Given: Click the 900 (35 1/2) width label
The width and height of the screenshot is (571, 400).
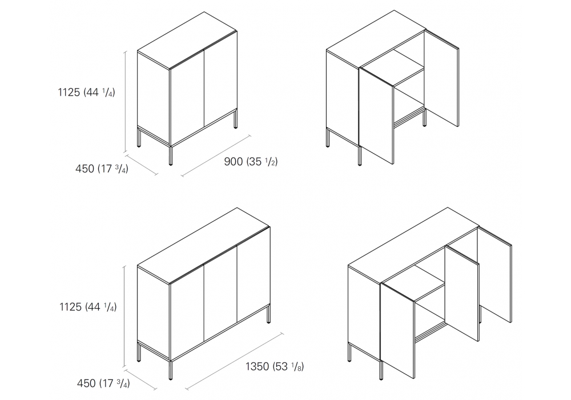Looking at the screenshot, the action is tap(251, 161).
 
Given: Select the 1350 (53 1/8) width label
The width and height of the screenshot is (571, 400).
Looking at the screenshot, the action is tap(275, 366).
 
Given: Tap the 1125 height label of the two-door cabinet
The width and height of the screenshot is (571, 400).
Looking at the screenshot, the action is tap(86, 92).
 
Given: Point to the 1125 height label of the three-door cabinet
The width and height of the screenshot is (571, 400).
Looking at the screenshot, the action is tap(88, 307).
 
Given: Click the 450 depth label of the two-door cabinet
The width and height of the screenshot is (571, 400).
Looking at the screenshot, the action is tap(102, 169).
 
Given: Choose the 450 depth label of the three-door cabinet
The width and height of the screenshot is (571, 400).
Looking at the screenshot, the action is tap(103, 383).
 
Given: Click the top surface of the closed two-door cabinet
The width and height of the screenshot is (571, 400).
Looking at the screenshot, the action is tap(187, 40).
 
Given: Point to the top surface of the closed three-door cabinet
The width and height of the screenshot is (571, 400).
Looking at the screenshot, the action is tap(204, 246).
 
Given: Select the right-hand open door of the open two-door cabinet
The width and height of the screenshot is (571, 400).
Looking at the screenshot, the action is tap(441, 78).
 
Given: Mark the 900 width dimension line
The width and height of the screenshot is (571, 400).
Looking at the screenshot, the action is tap(216, 156).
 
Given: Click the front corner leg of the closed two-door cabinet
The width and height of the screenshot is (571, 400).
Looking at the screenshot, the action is tap(171, 155).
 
